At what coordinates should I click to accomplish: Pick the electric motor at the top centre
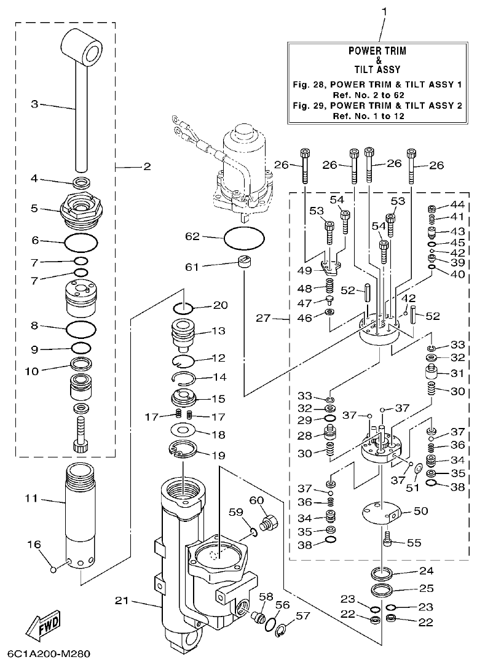[239, 166]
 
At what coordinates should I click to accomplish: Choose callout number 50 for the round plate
[421, 511]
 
